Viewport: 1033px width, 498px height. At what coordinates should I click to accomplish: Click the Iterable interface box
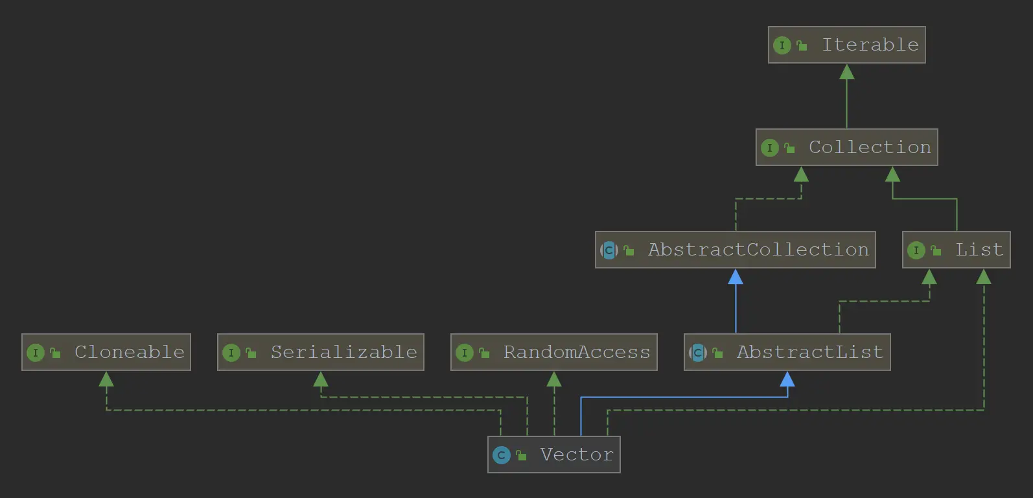[x=846, y=45]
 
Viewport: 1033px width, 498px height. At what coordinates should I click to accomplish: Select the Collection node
[x=846, y=147]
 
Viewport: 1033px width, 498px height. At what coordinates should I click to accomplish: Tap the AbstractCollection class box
[x=735, y=250]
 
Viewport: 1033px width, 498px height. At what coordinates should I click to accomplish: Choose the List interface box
[x=956, y=250]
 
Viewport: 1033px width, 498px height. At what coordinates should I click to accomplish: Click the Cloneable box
[x=106, y=352]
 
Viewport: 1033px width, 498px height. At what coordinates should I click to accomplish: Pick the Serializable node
[x=320, y=352]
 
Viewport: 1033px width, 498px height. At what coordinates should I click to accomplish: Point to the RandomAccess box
[x=553, y=352]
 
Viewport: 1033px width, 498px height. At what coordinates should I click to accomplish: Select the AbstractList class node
[x=787, y=352]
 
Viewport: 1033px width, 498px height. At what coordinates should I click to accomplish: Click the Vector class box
[x=553, y=455]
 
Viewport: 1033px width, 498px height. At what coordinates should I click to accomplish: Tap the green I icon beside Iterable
[x=782, y=45]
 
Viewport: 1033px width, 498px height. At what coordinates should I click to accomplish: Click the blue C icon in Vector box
[x=501, y=455]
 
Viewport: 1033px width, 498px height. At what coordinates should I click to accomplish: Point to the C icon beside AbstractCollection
[x=609, y=250]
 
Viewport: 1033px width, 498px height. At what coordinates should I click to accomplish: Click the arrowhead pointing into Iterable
[x=846, y=71]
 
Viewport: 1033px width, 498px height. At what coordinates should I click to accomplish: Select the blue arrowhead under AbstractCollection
[x=736, y=277]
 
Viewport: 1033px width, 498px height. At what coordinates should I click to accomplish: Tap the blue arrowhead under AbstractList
[x=787, y=379]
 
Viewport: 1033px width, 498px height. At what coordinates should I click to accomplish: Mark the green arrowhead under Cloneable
[x=106, y=379]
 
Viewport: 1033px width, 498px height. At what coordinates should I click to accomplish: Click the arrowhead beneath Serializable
[x=321, y=379]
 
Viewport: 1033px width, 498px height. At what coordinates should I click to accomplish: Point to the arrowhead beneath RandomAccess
[x=554, y=379]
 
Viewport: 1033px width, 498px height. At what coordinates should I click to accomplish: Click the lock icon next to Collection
[x=789, y=148]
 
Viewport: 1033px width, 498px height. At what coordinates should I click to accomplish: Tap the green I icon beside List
[x=916, y=250]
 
